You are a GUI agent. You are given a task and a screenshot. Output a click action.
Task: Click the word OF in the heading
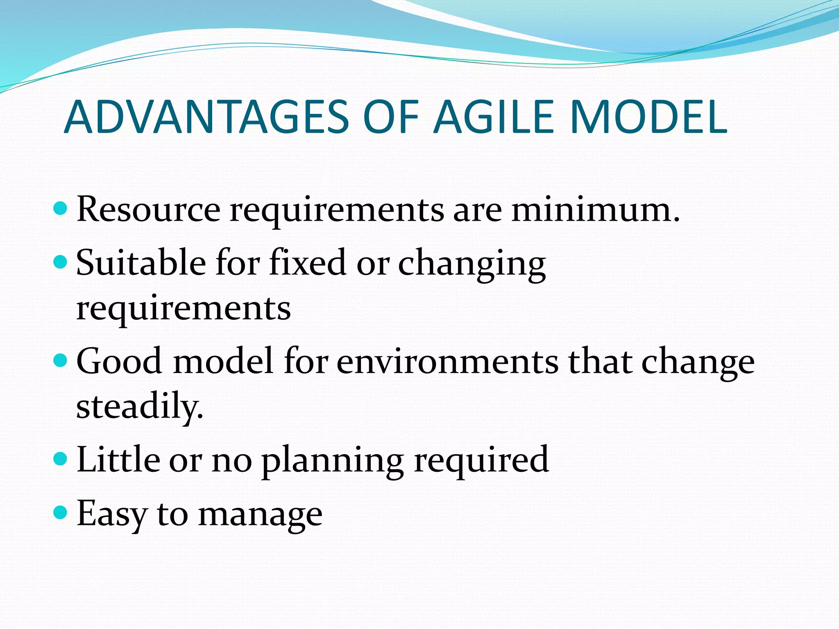coord(391,117)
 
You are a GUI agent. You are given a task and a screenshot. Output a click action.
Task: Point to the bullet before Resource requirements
coord(60,208)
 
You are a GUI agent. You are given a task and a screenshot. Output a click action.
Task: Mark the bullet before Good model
coord(60,360)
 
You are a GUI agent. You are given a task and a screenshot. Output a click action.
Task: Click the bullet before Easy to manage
coord(60,512)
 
